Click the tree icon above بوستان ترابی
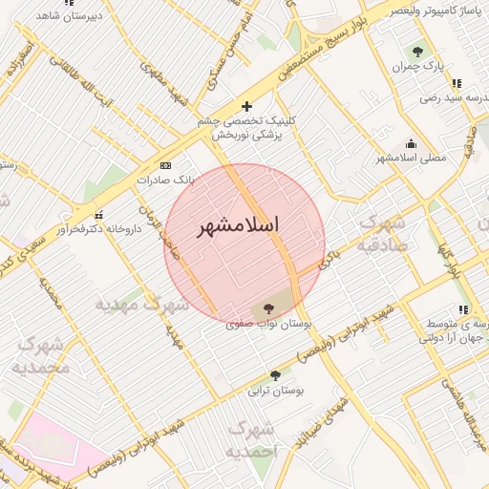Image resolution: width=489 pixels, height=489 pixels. pos(275,375)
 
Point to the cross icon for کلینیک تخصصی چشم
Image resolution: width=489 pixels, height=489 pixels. pos(247,106)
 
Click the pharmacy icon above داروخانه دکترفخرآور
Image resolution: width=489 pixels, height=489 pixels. pos(98,214)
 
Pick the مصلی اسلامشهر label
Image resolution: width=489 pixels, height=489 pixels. pos(411,157)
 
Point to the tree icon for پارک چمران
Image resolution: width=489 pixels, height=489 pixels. pos(417,52)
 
